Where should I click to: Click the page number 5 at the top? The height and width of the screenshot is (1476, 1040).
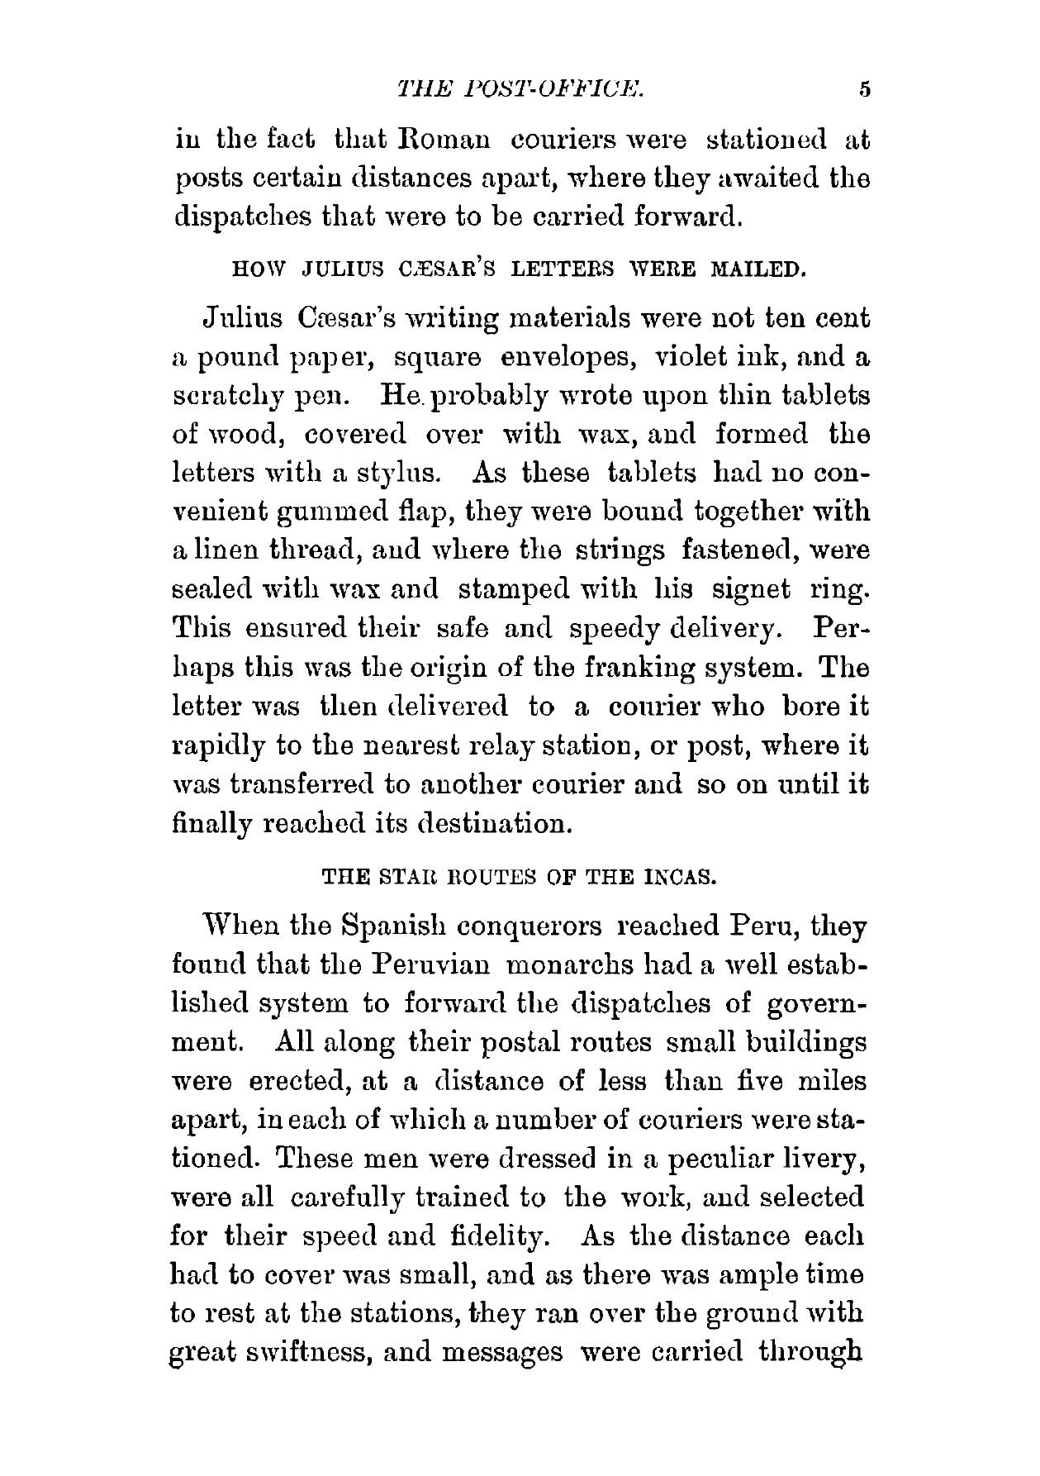click(865, 89)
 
